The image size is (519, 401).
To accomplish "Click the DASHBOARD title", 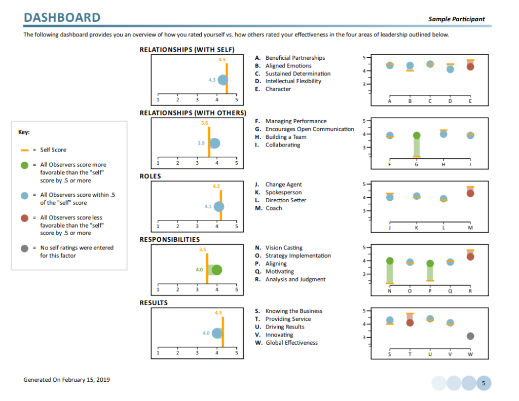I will pos(62,18).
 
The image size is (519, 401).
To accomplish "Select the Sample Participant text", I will pos(456,19).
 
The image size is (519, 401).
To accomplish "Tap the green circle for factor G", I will pos(416,135).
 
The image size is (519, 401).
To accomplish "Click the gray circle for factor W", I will pos(470,336).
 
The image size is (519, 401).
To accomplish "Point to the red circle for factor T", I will pos(410,322).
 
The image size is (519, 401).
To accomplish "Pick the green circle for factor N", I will pos(389,261).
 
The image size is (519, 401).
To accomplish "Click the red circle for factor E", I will pos(470,66).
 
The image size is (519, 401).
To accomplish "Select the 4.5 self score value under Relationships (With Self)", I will pos(222,60).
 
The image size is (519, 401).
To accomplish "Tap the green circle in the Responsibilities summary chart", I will pos(217,270).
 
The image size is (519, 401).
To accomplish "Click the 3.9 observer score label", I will pos(201,143).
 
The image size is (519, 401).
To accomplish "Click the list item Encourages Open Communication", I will pos(309,129).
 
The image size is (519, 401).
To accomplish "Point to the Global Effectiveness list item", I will pos(291,343).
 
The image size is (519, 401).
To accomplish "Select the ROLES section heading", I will pos(150,176).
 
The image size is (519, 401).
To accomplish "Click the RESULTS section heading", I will pos(154,303).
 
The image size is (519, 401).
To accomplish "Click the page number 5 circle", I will pos(483,383).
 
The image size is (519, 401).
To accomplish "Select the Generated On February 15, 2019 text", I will pos(66,380).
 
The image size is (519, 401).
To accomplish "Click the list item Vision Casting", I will pos(284,248).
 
